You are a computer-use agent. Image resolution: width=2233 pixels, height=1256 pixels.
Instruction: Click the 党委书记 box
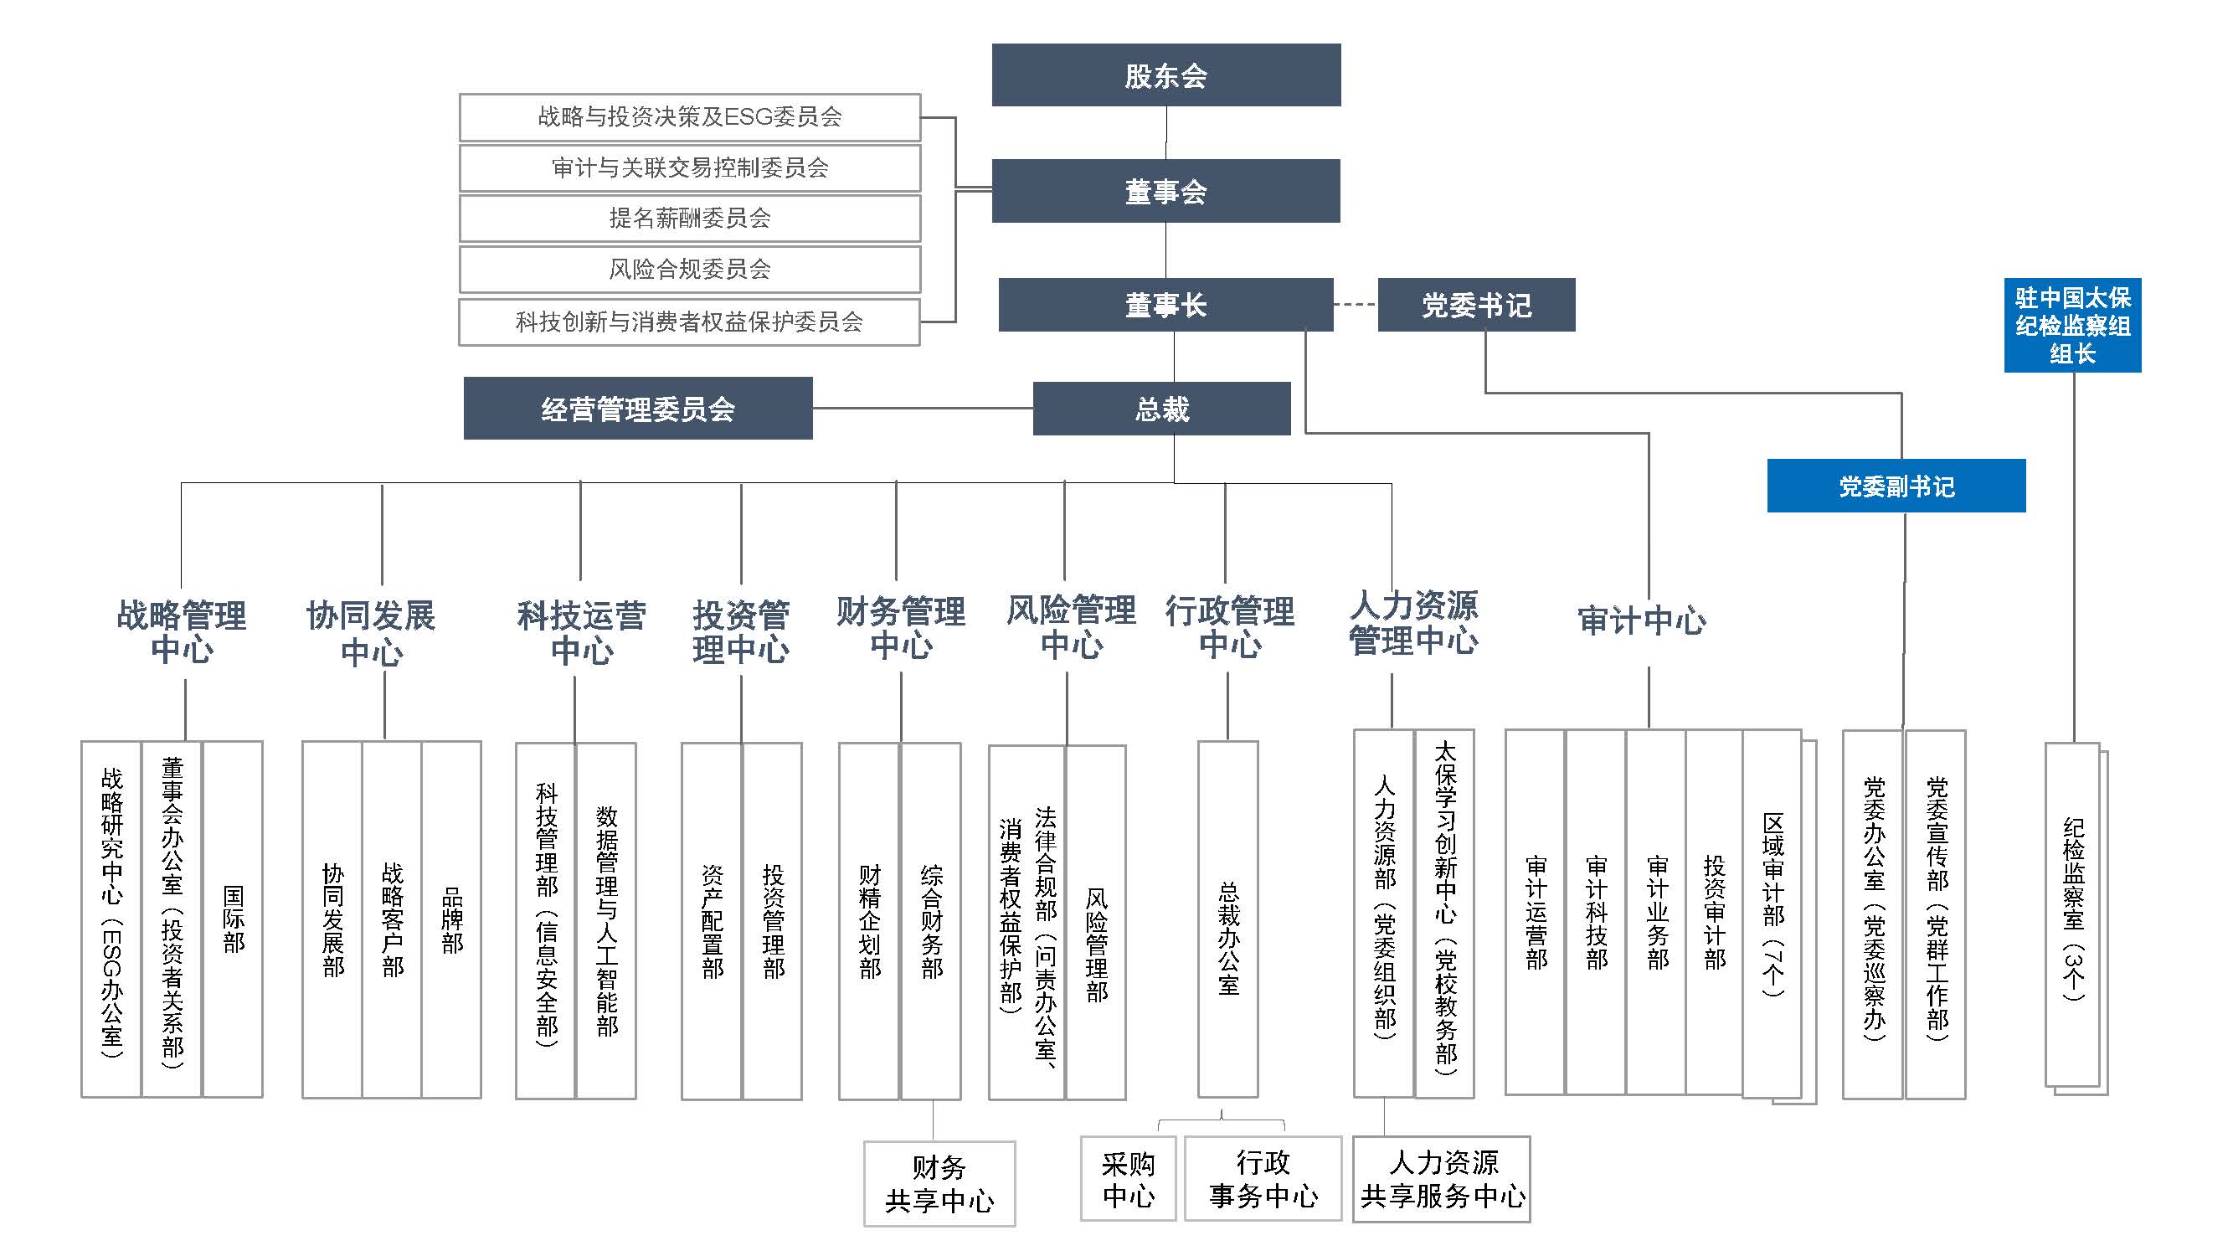point(1475,305)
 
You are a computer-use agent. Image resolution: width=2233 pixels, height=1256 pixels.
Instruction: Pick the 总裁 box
point(1160,409)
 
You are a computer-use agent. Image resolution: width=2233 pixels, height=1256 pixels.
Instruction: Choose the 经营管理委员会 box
point(637,409)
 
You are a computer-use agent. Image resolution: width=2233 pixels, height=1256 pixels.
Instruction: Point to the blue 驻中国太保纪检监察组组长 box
point(2071,325)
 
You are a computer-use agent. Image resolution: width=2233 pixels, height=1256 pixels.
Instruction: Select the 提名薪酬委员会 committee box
point(689,219)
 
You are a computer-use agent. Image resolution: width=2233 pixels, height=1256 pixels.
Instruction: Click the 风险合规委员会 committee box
point(689,270)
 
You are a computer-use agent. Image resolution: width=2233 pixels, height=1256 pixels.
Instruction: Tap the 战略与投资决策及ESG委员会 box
point(689,117)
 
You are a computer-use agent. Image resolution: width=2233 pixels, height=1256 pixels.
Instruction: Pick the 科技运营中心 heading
point(581,632)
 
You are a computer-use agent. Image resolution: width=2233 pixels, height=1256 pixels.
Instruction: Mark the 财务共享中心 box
point(939,1183)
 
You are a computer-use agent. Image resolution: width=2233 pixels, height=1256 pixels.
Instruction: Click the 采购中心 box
point(1128,1179)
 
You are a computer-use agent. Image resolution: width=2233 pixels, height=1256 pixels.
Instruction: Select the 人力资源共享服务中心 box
point(1442,1179)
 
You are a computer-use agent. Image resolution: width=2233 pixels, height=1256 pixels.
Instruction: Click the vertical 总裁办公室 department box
point(1227,919)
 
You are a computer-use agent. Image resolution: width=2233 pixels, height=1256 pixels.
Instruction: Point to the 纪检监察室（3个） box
point(2071,914)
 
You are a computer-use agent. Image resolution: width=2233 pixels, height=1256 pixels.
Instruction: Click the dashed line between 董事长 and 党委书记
point(1355,304)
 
